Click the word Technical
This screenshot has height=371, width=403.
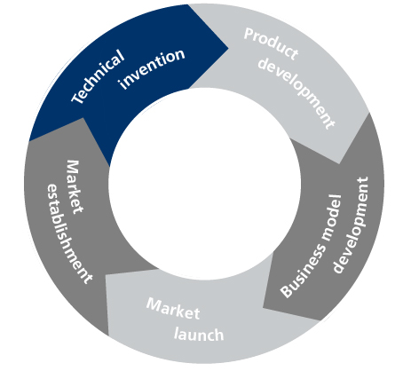(x=98, y=76)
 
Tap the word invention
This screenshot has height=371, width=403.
(x=152, y=68)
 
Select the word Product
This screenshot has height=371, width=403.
(x=271, y=43)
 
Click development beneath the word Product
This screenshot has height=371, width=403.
(x=296, y=92)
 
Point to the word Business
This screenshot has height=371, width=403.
(x=303, y=270)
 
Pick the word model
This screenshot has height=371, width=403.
(x=332, y=217)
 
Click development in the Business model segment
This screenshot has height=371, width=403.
(x=351, y=225)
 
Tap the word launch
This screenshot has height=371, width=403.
(x=199, y=335)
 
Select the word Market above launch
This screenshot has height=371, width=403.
(x=173, y=308)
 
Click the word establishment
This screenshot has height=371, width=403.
(x=69, y=233)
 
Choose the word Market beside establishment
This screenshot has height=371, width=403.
(x=75, y=187)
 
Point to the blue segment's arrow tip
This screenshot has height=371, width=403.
(x=228, y=48)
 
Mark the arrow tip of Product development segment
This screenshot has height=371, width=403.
(x=339, y=163)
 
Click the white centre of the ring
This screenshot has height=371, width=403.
(x=204, y=184)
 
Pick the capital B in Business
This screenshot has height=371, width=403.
(x=287, y=291)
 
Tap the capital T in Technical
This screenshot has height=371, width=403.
(x=77, y=98)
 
